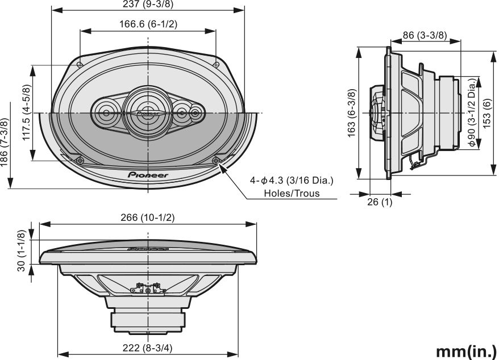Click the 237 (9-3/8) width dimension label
point(147,5)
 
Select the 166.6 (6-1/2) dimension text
point(148,24)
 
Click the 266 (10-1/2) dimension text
point(148,218)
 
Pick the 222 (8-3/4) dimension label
point(147,348)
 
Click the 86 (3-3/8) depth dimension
point(424,35)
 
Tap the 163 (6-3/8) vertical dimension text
point(352,113)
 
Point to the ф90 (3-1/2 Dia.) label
point(472,113)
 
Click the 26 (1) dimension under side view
point(380,202)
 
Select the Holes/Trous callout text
point(292,193)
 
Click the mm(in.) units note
point(466,350)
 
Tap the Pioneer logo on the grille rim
point(148,175)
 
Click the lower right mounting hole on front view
point(216,161)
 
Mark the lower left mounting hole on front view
point(80,161)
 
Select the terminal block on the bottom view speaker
point(148,290)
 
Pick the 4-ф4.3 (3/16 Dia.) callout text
point(292,181)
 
